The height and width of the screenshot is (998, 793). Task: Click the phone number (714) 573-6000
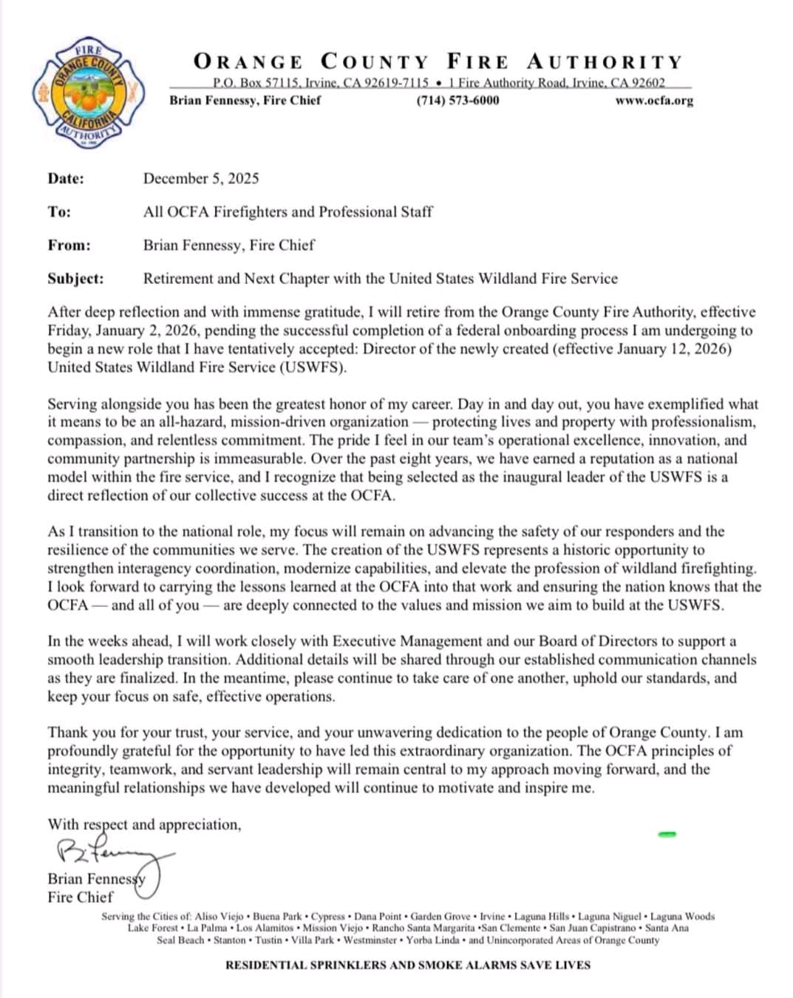(457, 101)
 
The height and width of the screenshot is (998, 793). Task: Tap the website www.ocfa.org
(654, 101)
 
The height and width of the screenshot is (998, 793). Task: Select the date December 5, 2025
(201, 178)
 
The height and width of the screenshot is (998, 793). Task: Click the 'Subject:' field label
(75, 279)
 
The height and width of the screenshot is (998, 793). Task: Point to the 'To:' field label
(59, 211)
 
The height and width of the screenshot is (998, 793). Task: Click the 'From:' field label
(69, 245)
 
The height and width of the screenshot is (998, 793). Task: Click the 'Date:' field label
(66, 178)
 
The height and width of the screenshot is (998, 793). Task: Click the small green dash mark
(667, 835)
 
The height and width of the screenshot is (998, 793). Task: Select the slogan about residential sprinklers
(408, 965)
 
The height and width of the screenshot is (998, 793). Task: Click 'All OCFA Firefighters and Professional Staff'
(287, 211)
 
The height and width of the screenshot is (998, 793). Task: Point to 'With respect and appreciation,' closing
(144, 824)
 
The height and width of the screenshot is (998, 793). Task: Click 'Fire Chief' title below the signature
(81, 897)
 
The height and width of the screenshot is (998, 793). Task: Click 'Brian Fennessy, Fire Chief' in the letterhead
(245, 101)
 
